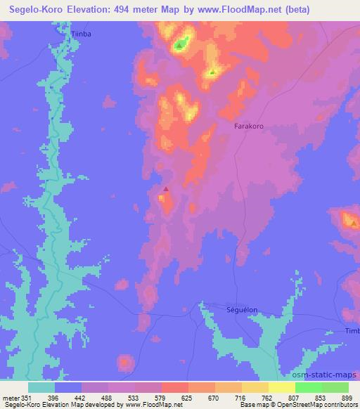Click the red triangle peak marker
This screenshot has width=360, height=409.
click(x=166, y=188)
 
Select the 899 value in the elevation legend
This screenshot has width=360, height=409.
click(x=347, y=397)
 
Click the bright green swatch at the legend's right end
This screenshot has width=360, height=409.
click(x=333, y=387)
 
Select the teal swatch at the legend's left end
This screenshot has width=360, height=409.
click(x=41, y=387)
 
